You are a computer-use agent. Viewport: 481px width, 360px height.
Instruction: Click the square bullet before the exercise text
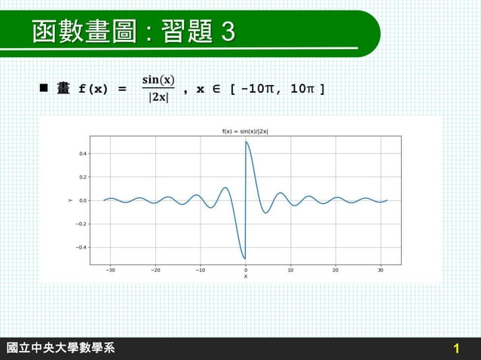point(44,89)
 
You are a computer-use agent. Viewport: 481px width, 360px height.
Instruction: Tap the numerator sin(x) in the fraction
point(158,80)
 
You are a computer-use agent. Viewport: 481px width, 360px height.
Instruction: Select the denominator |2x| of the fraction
point(158,98)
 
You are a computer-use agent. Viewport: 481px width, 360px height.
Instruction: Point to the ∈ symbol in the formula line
point(219,90)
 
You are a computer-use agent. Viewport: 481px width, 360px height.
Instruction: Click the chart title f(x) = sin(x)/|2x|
point(245,131)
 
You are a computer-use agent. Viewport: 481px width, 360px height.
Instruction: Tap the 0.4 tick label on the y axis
point(81,154)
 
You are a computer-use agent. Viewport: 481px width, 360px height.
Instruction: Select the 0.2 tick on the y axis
point(81,177)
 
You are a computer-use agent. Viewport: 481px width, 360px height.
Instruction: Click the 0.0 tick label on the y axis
point(81,200)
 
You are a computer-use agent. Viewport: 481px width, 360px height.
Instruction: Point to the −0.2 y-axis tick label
point(79,224)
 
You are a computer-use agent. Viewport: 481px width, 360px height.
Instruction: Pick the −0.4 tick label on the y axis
point(79,247)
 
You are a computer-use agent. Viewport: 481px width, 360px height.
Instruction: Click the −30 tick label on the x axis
point(110,270)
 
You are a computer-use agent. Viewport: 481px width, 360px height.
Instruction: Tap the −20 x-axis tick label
point(155,270)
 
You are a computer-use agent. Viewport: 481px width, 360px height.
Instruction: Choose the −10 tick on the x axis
point(200,270)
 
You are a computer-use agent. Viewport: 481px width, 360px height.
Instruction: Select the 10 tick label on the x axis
point(290,270)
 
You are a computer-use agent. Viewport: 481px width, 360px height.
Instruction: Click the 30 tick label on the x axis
point(380,270)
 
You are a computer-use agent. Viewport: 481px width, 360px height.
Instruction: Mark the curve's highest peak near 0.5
point(247,142)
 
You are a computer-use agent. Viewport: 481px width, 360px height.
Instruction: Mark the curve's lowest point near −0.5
point(244,258)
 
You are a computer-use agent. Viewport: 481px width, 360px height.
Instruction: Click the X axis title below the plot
point(245,276)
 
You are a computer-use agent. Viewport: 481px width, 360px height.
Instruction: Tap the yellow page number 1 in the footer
point(456,349)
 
